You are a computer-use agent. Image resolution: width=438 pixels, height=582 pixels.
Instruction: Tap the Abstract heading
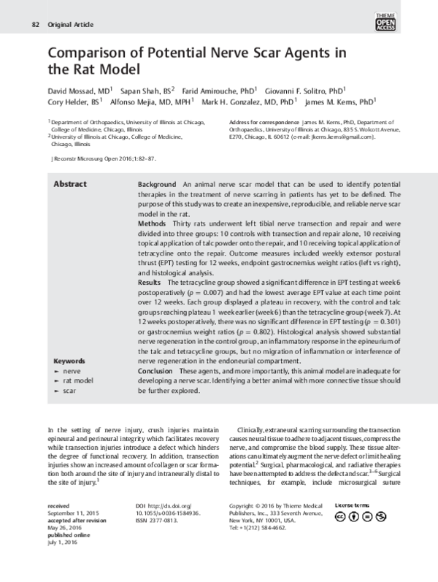coord(70,185)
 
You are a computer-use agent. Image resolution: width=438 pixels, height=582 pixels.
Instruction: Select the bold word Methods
coord(153,236)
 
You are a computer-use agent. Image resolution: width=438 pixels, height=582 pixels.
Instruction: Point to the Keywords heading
coord(71,361)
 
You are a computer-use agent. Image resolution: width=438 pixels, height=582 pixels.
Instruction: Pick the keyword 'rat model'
coord(80,381)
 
